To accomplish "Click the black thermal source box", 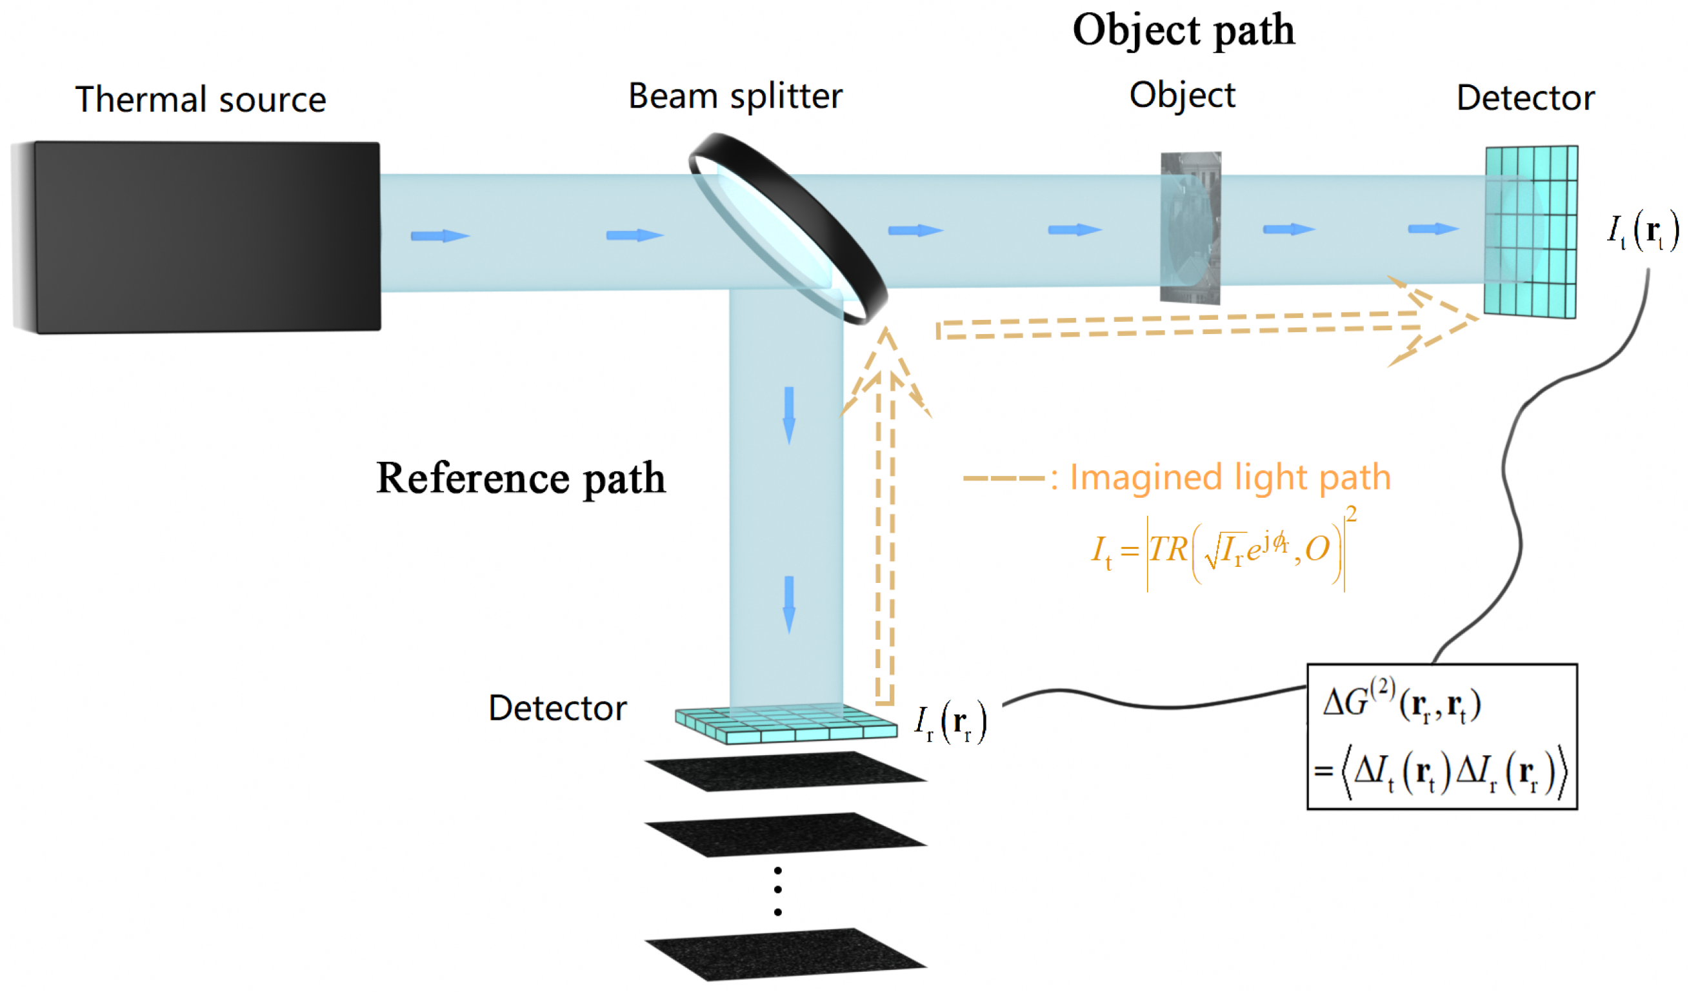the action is [x=196, y=237].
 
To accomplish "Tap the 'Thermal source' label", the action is [x=200, y=99].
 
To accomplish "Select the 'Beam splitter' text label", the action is [x=735, y=96].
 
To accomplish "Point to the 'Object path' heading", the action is [x=1184, y=30].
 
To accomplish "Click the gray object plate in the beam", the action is [x=1191, y=228].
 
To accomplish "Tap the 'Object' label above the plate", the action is [x=1182, y=95].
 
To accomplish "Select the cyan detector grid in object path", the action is [x=1531, y=232].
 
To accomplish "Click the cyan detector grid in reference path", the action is [x=786, y=723].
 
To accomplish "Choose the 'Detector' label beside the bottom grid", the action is [x=557, y=709].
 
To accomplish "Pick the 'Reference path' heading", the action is [x=521, y=479].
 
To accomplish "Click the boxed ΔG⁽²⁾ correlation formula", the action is [x=1443, y=737].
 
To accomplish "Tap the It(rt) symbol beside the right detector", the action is [x=1643, y=231].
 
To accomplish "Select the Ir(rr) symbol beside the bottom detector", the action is [x=950, y=723].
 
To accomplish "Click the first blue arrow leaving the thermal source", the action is [x=440, y=236].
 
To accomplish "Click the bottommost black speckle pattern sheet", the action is [x=786, y=954].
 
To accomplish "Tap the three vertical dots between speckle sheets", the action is [x=777, y=892].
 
